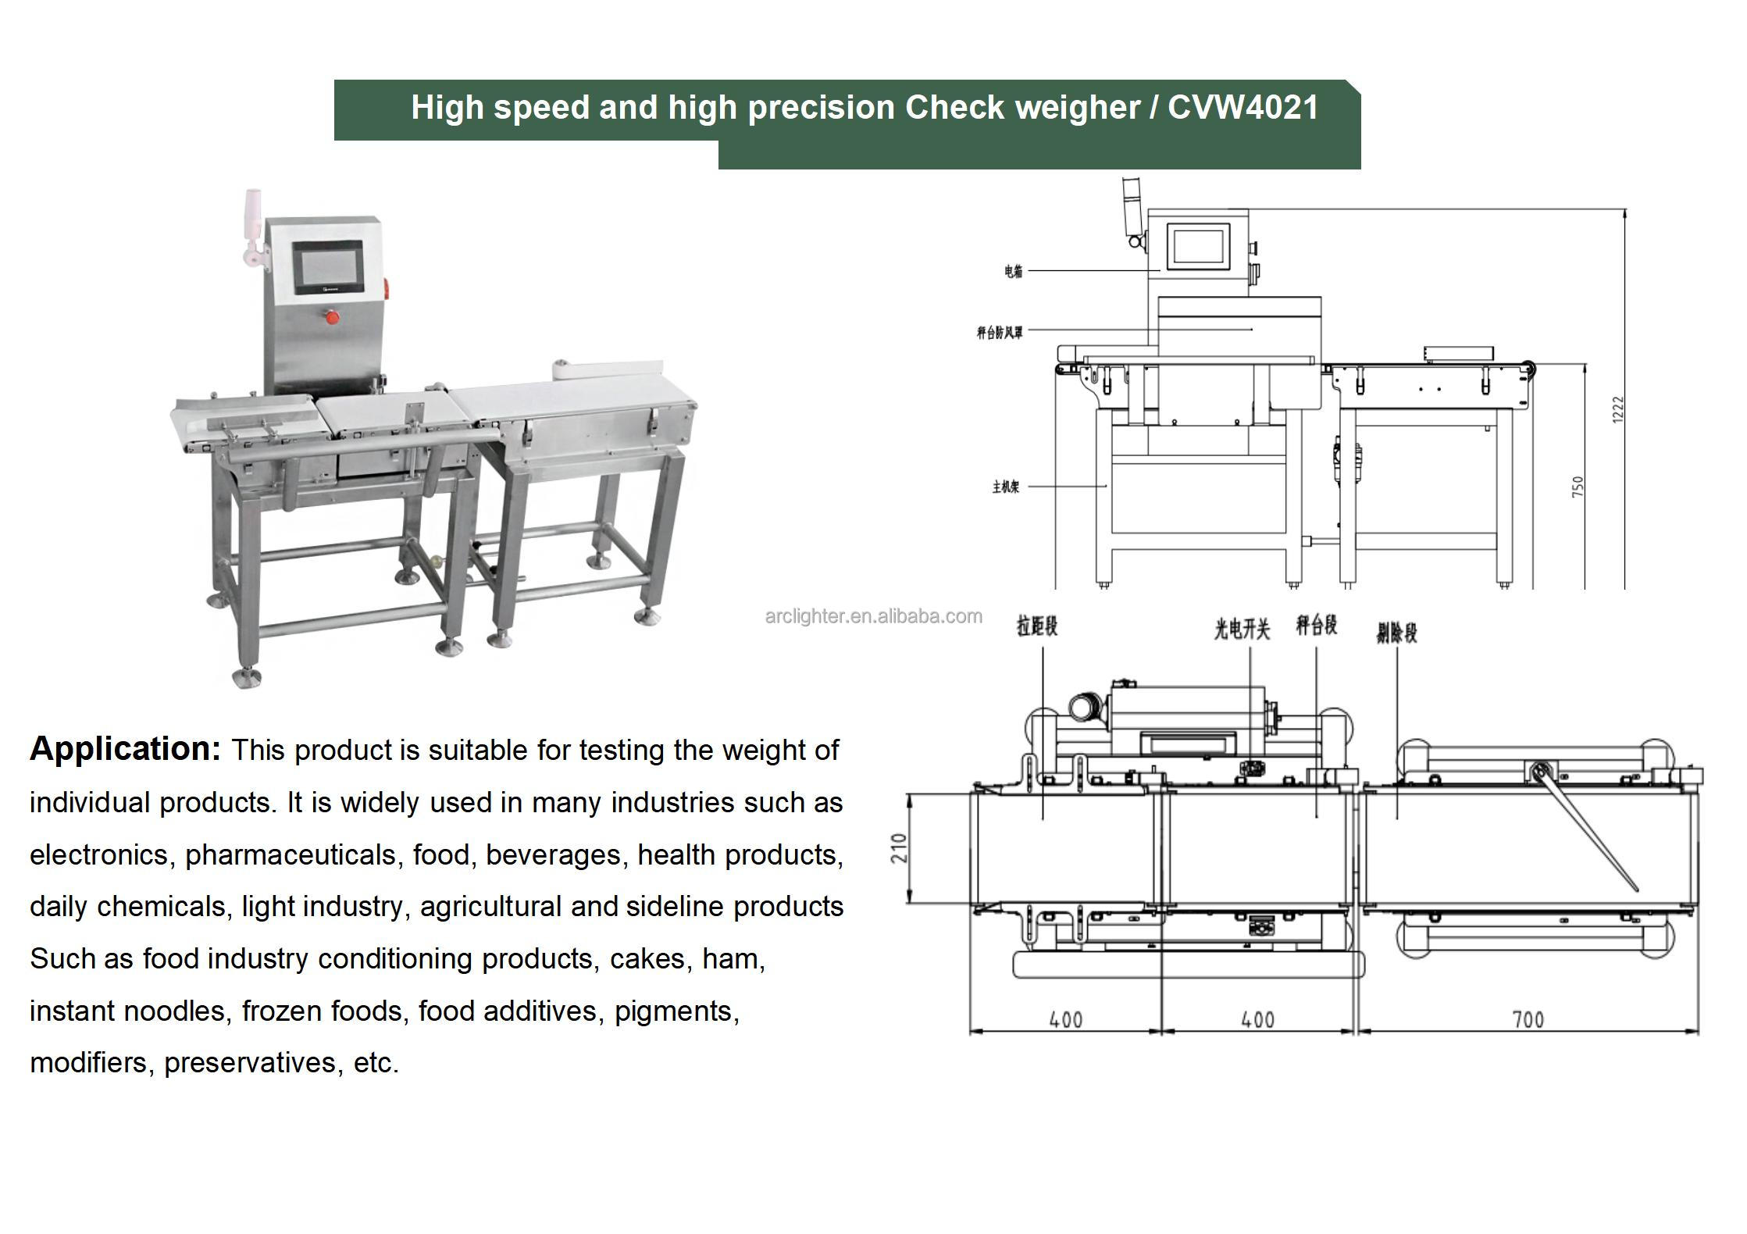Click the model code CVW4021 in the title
(x=1243, y=107)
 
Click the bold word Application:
(x=126, y=748)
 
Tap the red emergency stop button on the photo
(x=332, y=317)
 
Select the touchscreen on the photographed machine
(x=328, y=267)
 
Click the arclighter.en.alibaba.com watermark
(x=873, y=616)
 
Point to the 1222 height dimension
(x=1617, y=410)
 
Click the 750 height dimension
(x=1578, y=487)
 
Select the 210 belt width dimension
(x=900, y=848)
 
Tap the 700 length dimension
(x=1528, y=1019)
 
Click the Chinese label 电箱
(x=1013, y=271)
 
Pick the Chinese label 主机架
(x=1005, y=487)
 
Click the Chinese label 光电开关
(x=1242, y=629)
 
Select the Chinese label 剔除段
(x=1396, y=633)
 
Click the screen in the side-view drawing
(x=1198, y=244)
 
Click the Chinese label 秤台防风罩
(x=999, y=333)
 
